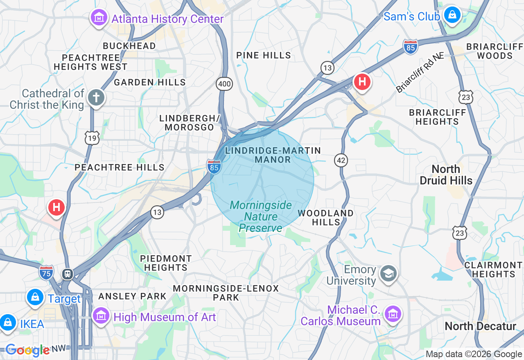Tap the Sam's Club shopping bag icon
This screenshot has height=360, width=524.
[x=452, y=15]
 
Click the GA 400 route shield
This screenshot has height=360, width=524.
[x=224, y=84]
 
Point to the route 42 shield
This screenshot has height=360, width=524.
[x=341, y=160]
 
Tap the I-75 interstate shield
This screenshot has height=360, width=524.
[x=46, y=272]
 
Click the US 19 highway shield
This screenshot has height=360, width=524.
[x=92, y=138]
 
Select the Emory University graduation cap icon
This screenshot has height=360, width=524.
[x=388, y=274]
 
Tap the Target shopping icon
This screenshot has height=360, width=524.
[x=36, y=297]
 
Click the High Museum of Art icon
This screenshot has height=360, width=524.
[x=101, y=316]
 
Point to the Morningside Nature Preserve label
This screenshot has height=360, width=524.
[x=261, y=216]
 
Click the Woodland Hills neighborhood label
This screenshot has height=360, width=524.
[x=325, y=218]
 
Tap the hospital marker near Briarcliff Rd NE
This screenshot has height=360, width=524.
[x=362, y=82]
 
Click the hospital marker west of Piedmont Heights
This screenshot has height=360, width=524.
[x=56, y=207]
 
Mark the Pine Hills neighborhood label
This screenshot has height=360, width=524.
[x=264, y=55]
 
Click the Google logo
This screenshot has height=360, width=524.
[x=27, y=350]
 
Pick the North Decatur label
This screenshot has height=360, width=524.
[x=480, y=326]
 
